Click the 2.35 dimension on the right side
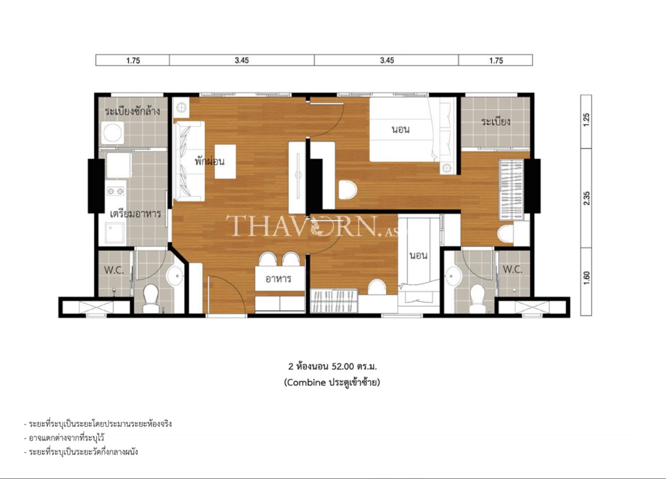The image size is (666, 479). click(x=587, y=198)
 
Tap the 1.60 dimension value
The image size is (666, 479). click(x=587, y=278)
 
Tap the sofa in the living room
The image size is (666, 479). click(x=189, y=161)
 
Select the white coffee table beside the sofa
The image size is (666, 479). click(x=225, y=162)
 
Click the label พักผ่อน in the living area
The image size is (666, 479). click(x=209, y=161)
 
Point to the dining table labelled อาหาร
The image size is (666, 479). click(x=279, y=279)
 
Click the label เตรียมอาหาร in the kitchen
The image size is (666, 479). click(x=135, y=214)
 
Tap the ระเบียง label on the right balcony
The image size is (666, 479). click(x=496, y=122)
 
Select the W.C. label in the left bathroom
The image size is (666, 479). click(x=114, y=270)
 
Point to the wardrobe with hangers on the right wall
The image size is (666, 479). click(x=511, y=190)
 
